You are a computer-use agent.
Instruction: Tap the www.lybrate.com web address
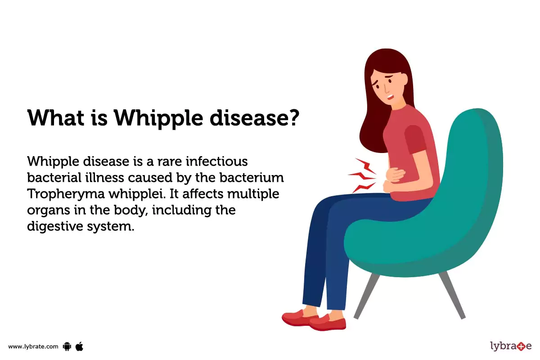click(33, 346)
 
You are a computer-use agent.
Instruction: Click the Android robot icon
click(67, 346)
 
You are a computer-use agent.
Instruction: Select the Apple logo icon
click(80, 346)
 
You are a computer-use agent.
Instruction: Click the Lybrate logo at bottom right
click(510, 346)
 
